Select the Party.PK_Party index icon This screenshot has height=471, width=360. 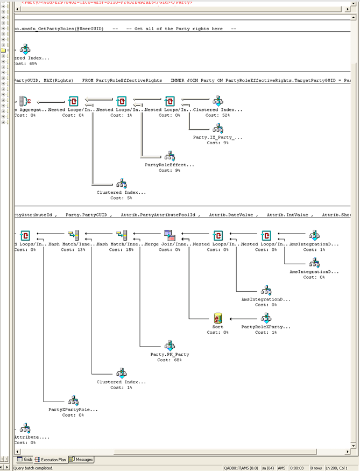[x=170, y=346]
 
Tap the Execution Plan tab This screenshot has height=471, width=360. [x=51, y=460]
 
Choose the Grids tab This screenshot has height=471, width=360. [x=25, y=460]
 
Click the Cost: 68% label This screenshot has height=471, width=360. [x=170, y=360]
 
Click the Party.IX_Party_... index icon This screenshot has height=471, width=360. [x=218, y=129]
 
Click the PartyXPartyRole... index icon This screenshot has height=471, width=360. [x=73, y=401]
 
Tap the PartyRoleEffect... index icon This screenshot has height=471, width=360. [x=170, y=156]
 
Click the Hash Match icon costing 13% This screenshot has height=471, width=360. [x=74, y=235]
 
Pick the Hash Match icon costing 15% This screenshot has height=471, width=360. [x=122, y=235]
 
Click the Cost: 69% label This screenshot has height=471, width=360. [x=25, y=64]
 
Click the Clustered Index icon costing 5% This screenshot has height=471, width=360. [x=122, y=184]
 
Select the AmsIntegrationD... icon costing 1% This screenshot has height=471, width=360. [x=315, y=235]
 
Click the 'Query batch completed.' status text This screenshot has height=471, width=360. [x=33, y=468]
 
